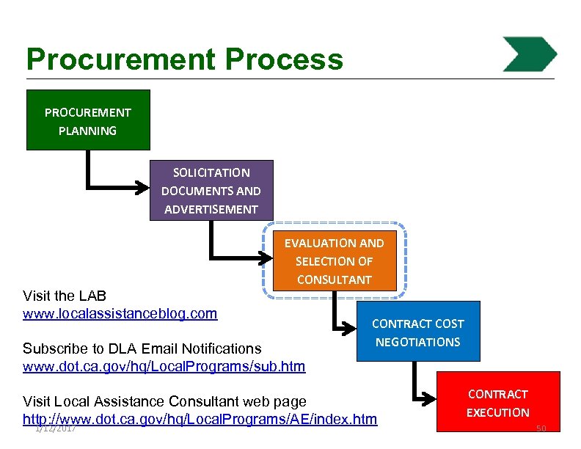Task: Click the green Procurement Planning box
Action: (88, 120)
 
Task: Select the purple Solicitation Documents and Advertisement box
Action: (211, 190)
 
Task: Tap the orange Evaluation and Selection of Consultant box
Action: (334, 260)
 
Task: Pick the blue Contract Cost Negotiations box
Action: (417, 332)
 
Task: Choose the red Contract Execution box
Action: (498, 402)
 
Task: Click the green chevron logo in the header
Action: (530, 54)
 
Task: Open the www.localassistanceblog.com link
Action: (120, 314)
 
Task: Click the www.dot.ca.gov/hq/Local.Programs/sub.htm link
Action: (164, 365)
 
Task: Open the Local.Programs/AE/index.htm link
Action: (200, 419)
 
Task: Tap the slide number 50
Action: (541, 428)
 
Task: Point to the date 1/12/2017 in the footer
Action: (56, 428)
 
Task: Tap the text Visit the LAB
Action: (65, 296)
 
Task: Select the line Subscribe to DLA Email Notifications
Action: (142, 348)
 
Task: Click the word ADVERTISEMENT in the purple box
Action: (211, 209)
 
